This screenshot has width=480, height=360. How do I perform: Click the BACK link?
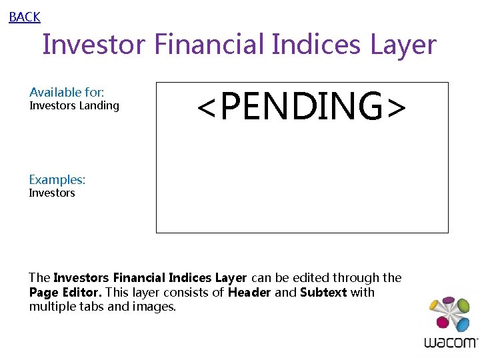point(25,17)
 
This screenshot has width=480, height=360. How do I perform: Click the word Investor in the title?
point(93,45)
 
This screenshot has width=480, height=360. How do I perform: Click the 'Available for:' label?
point(67,93)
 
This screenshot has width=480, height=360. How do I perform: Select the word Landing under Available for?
point(99,105)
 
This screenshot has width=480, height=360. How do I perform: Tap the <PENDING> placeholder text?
point(301,107)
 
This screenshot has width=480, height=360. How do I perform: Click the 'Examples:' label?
point(57,179)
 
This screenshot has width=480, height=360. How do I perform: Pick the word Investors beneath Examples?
point(52,193)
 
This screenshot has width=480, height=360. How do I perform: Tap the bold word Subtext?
point(323,292)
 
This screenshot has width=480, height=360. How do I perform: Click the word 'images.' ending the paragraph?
point(154,307)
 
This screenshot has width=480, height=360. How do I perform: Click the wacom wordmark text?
point(451,343)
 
